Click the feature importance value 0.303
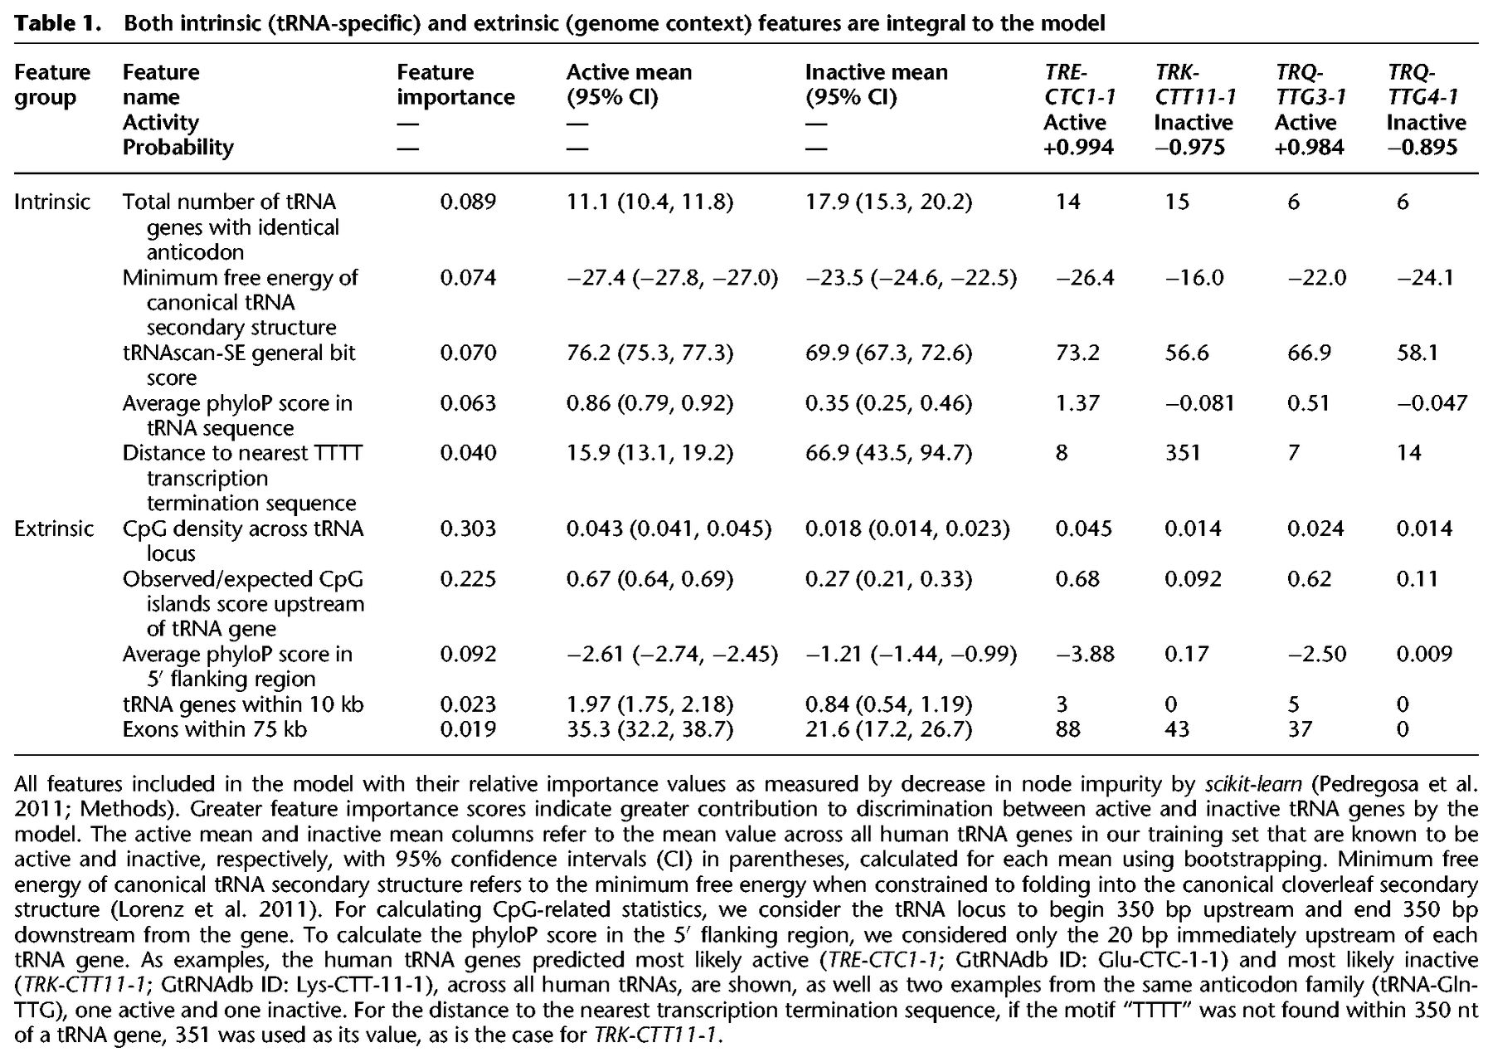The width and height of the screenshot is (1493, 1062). point(468,529)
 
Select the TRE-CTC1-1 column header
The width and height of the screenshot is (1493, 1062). point(1080,85)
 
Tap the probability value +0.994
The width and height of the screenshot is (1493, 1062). point(1078,147)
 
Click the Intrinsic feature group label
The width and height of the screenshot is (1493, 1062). point(52,202)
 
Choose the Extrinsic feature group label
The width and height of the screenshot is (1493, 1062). point(54,529)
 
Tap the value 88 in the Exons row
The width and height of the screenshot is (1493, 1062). point(1068,729)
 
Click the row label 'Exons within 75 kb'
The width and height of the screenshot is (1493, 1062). point(215,729)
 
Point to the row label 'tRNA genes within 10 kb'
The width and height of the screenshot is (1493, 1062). point(243,704)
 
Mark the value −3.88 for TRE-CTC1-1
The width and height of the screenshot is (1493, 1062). point(1085,654)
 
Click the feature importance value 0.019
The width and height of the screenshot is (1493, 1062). point(468,729)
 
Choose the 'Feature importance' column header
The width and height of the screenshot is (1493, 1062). point(455,85)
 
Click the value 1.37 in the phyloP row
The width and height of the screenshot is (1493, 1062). point(1077,403)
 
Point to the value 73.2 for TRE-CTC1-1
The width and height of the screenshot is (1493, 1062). point(1077,353)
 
